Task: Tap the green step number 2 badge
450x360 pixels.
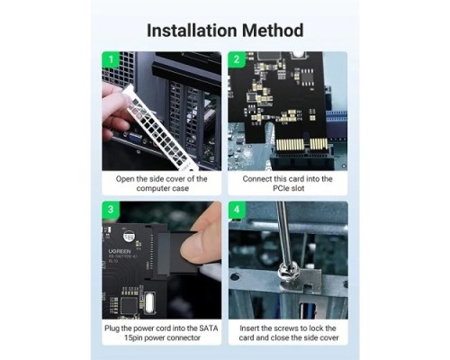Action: [235, 60]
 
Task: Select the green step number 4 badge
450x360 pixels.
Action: [235, 209]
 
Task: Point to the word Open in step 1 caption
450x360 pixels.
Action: [125, 178]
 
